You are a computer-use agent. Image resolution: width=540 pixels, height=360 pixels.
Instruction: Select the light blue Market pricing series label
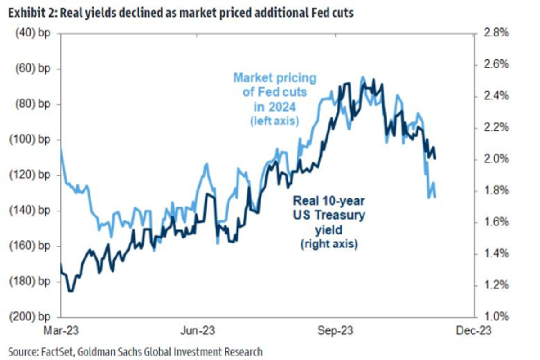click(274, 78)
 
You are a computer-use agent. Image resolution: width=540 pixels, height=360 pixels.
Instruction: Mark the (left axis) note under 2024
click(274, 121)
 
